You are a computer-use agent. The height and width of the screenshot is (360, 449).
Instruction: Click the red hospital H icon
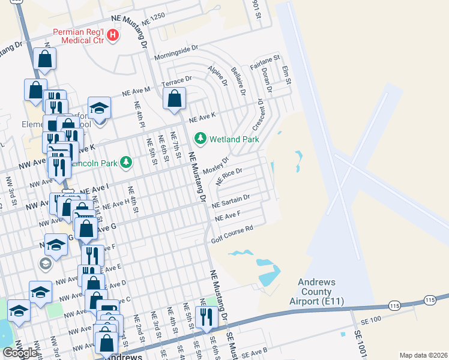[112, 36]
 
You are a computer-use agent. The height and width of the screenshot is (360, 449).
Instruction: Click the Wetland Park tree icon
[200, 139]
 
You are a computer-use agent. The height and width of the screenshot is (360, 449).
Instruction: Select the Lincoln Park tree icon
[126, 162]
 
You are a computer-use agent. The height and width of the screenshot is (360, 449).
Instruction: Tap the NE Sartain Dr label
[232, 200]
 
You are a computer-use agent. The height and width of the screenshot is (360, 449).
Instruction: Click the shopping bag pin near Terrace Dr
[174, 100]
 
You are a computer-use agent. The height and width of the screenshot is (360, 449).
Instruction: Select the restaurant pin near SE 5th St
[206, 316]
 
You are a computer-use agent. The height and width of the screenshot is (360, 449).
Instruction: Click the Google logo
[20, 353]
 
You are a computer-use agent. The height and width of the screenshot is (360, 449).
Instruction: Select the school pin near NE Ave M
[100, 108]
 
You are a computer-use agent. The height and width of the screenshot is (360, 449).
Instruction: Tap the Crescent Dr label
[259, 115]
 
